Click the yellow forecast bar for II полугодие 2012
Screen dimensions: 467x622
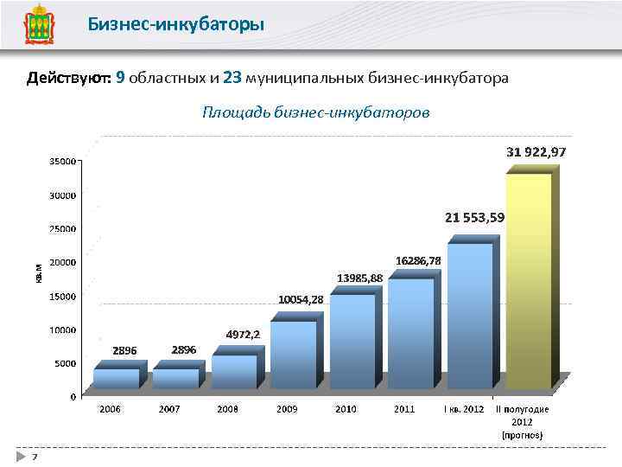click(x=528, y=281)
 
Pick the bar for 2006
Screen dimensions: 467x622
click(x=116, y=378)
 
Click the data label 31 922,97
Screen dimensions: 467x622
click(x=536, y=151)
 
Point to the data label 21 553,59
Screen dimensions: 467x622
click(x=474, y=217)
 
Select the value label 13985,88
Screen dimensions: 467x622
click(x=359, y=278)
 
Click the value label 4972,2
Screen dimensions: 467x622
click(x=243, y=333)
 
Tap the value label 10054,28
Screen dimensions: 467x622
click(x=301, y=299)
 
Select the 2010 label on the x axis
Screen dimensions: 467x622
click(x=346, y=408)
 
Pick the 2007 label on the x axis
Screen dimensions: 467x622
click(x=169, y=408)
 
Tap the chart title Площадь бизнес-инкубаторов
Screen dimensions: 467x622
click(x=315, y=112)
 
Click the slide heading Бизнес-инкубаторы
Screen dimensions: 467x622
click(x=175, y=24)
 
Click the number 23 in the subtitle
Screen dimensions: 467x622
click(x=232, y=78)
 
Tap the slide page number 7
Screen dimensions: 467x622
click(x=34, y=456)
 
